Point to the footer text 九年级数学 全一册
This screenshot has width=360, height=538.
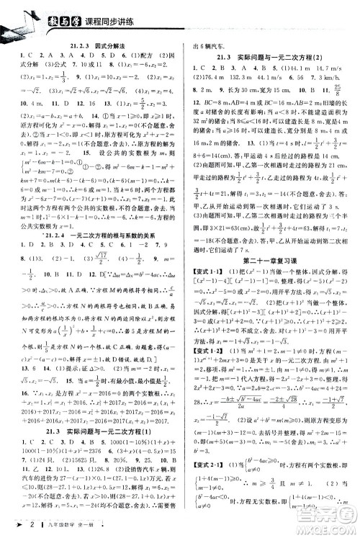[x=68, y=528]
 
